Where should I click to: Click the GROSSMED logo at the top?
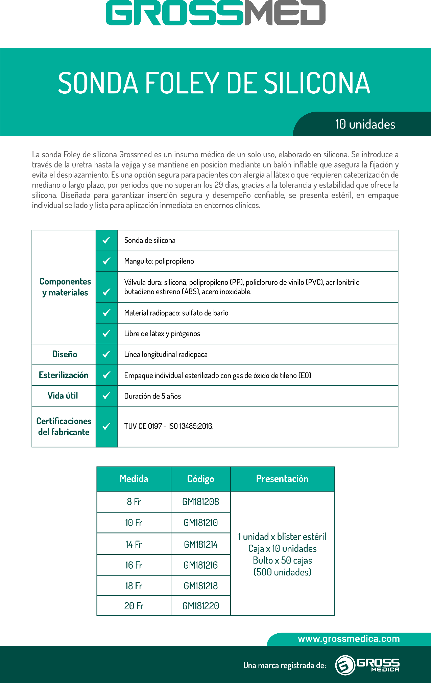click(x=215, y=13)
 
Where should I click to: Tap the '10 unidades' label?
click(x=365, y=124)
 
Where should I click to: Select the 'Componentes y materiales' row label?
click(x=65, y=287)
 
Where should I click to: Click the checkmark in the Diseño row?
click(x=106, y=354)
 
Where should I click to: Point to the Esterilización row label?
click(x=64, y=375)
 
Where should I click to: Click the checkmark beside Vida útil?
click(x=106, y=395)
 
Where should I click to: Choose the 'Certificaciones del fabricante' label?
click(x=64, y=426)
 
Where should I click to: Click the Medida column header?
click(x=134, y=479)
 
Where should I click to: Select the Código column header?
click(x=201, y=479)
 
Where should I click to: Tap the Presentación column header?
click(x=282, y=479)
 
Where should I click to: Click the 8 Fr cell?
click(x=134, y=502)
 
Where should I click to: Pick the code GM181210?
click(x=201, y=523)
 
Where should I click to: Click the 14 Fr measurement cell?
click(x=134, y=544)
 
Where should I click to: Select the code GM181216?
click(x=201, y=565)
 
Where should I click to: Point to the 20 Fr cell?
click(x=134, y=606)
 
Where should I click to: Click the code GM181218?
click(x=201, y=586)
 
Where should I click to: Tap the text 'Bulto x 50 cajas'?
click(x=282, y=560)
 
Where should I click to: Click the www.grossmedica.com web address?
click(x=349, y=639)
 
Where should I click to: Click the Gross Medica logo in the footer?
click(x=367, y=665)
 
